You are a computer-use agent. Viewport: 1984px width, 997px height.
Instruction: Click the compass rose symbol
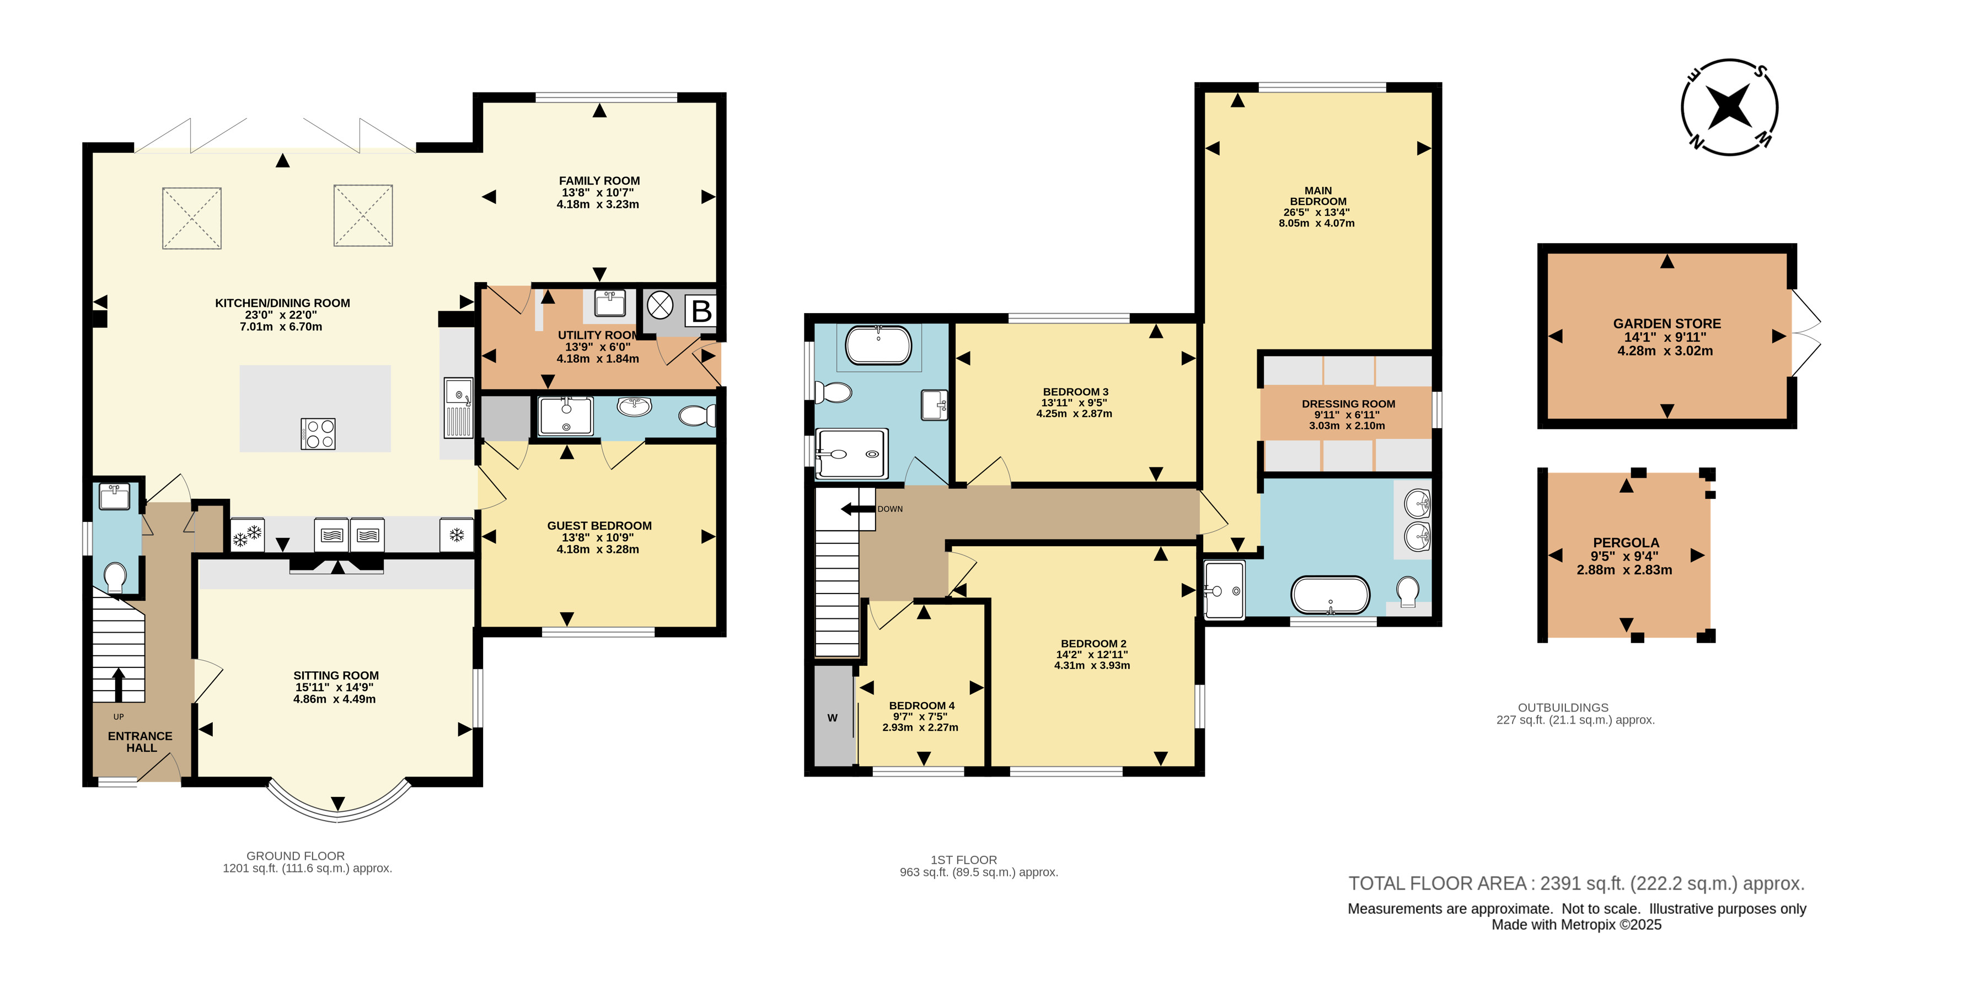click(1729, 107)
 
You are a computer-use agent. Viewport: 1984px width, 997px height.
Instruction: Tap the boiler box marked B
click(701, 311)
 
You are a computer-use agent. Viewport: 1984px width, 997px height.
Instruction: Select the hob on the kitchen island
click(318, 433)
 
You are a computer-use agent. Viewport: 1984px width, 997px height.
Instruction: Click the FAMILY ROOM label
click(599, 181)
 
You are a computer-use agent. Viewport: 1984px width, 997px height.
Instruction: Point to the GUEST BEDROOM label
click(599, 526)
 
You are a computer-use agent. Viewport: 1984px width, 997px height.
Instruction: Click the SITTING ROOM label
click(336, 676)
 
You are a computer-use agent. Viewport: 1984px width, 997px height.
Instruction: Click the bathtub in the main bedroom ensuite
click(1330, 595)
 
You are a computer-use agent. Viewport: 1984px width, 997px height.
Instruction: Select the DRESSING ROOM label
click(1348, 404)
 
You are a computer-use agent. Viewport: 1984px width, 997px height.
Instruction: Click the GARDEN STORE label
click(1667, 324)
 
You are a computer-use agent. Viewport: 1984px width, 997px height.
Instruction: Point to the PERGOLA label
click(1626, 543)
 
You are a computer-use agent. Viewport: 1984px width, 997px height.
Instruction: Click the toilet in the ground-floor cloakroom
click(115, 578)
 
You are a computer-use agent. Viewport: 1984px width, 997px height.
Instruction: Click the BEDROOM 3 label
click(1075, 392)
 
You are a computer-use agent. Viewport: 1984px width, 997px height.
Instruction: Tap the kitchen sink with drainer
click(458, 407)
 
